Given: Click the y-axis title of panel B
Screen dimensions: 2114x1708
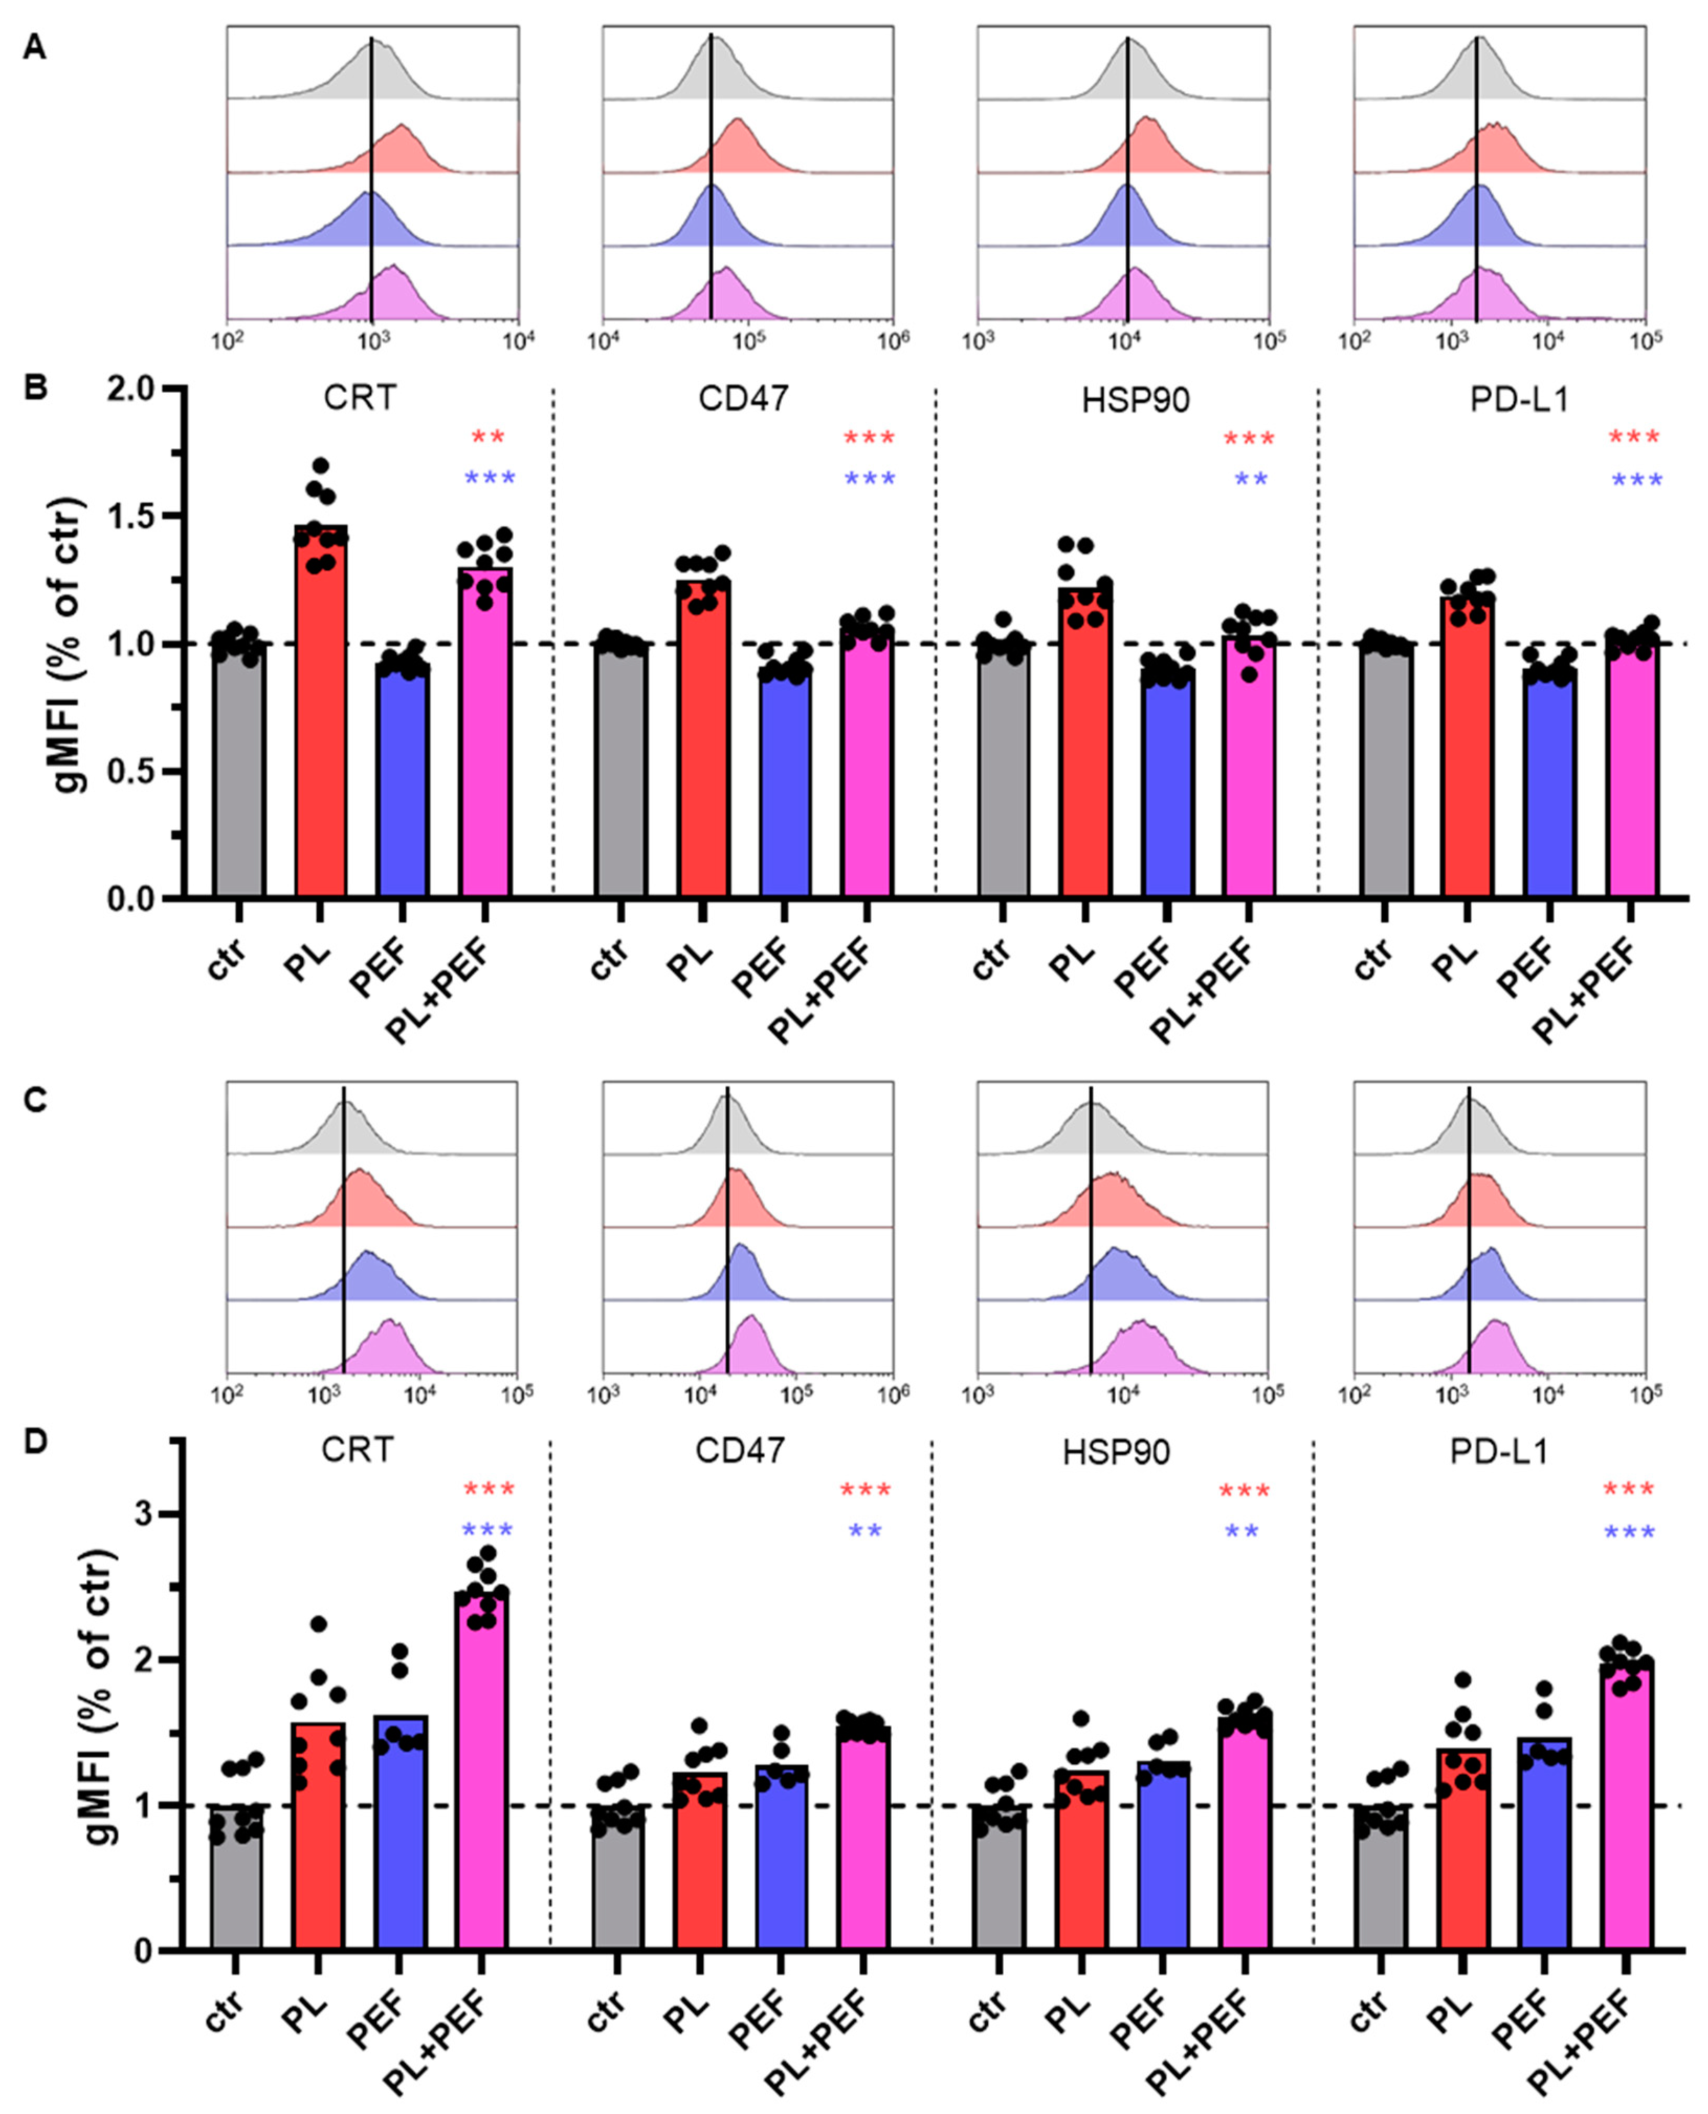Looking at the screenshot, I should pyautogui.click(x=69, y=644).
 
